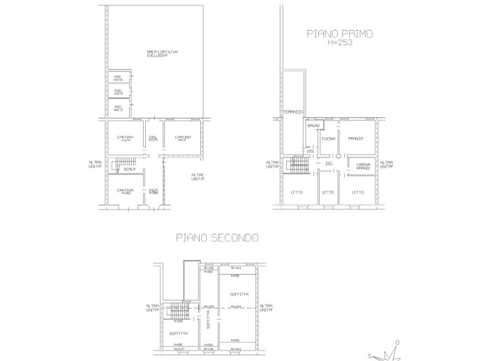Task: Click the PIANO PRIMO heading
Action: coord(340,32)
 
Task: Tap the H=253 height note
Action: coord(340,42)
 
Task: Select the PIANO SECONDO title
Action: coord(217,238)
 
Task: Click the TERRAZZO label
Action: coord(292,112)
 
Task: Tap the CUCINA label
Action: coord(329,139)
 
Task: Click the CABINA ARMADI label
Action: coord(363,166)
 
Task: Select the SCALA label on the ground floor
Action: coord(128,169)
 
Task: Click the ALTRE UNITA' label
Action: coord(198,177)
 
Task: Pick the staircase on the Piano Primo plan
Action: coord(298,167)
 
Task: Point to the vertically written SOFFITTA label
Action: coord(208,318)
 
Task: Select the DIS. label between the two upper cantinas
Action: coord(153,137)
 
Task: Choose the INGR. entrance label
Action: coord(153,191)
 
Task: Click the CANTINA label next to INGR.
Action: coord(126,191)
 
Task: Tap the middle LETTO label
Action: coord(328,192)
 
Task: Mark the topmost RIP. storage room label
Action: coord(118,77)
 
